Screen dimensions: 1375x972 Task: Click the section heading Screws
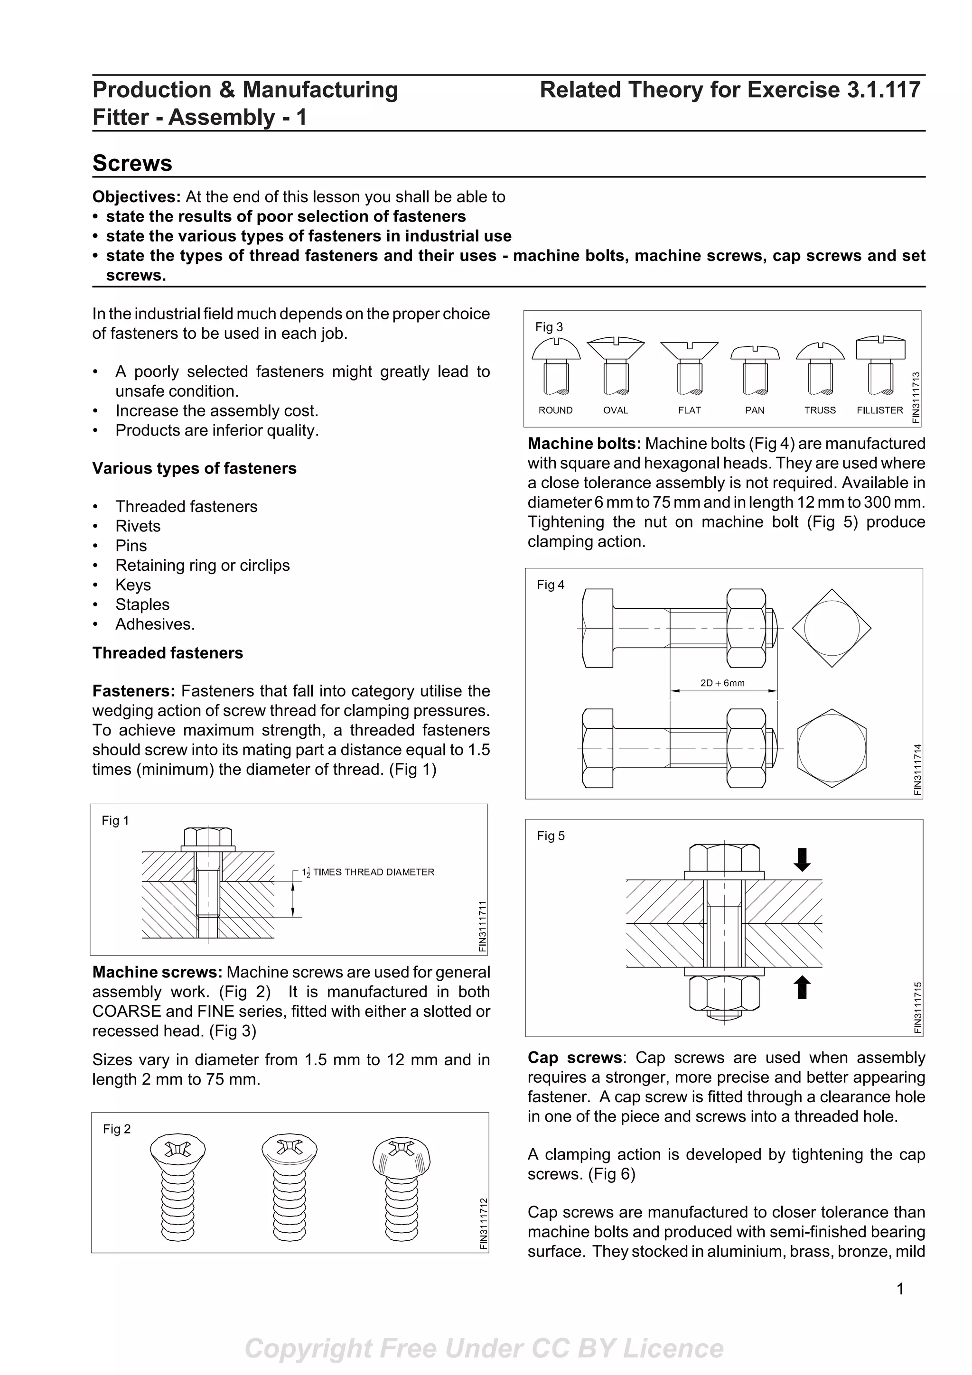pyautogui.click(x=132, y=163)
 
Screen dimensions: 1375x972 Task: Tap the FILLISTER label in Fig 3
pyautogui.click(x=879, y=410)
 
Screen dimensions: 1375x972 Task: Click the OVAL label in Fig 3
pyautogui.click(x=615, y=410)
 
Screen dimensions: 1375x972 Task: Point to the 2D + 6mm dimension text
pyautogui.click(x=722, y=683)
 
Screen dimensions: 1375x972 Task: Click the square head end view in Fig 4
pyautogui.click(x=831, y=628)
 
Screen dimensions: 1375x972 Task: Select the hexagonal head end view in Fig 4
pyautogui.click(x=831, y=748)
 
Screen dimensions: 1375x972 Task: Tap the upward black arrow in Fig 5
pyautogui.click(x=802, y=987)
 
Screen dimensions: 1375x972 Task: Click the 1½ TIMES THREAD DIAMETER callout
pyautogui.click(x=368, y=872)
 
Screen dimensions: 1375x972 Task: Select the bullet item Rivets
pyautogui.click(x=138, y=526)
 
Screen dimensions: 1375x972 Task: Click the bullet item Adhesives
pyautogui.click(x=155, y=624)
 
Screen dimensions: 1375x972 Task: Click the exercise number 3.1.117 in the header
pyautogui.click(x=883, y=90)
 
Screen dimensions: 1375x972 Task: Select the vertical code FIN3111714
pyautogui.click(x=917, y=770)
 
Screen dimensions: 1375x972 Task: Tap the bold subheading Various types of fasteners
pyautogui.click(x=194, y=468)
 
